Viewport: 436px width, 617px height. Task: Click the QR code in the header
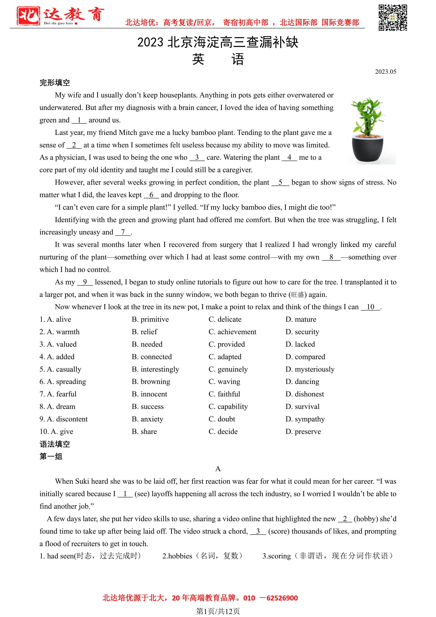pos(393,18)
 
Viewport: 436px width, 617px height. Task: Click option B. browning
pos(151,382)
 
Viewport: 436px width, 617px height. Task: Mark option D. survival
pos(303,407)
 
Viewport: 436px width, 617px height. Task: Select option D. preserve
pos(303,432)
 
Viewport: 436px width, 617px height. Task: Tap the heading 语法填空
pos(55,444)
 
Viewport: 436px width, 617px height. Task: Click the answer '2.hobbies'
pos(177,556)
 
